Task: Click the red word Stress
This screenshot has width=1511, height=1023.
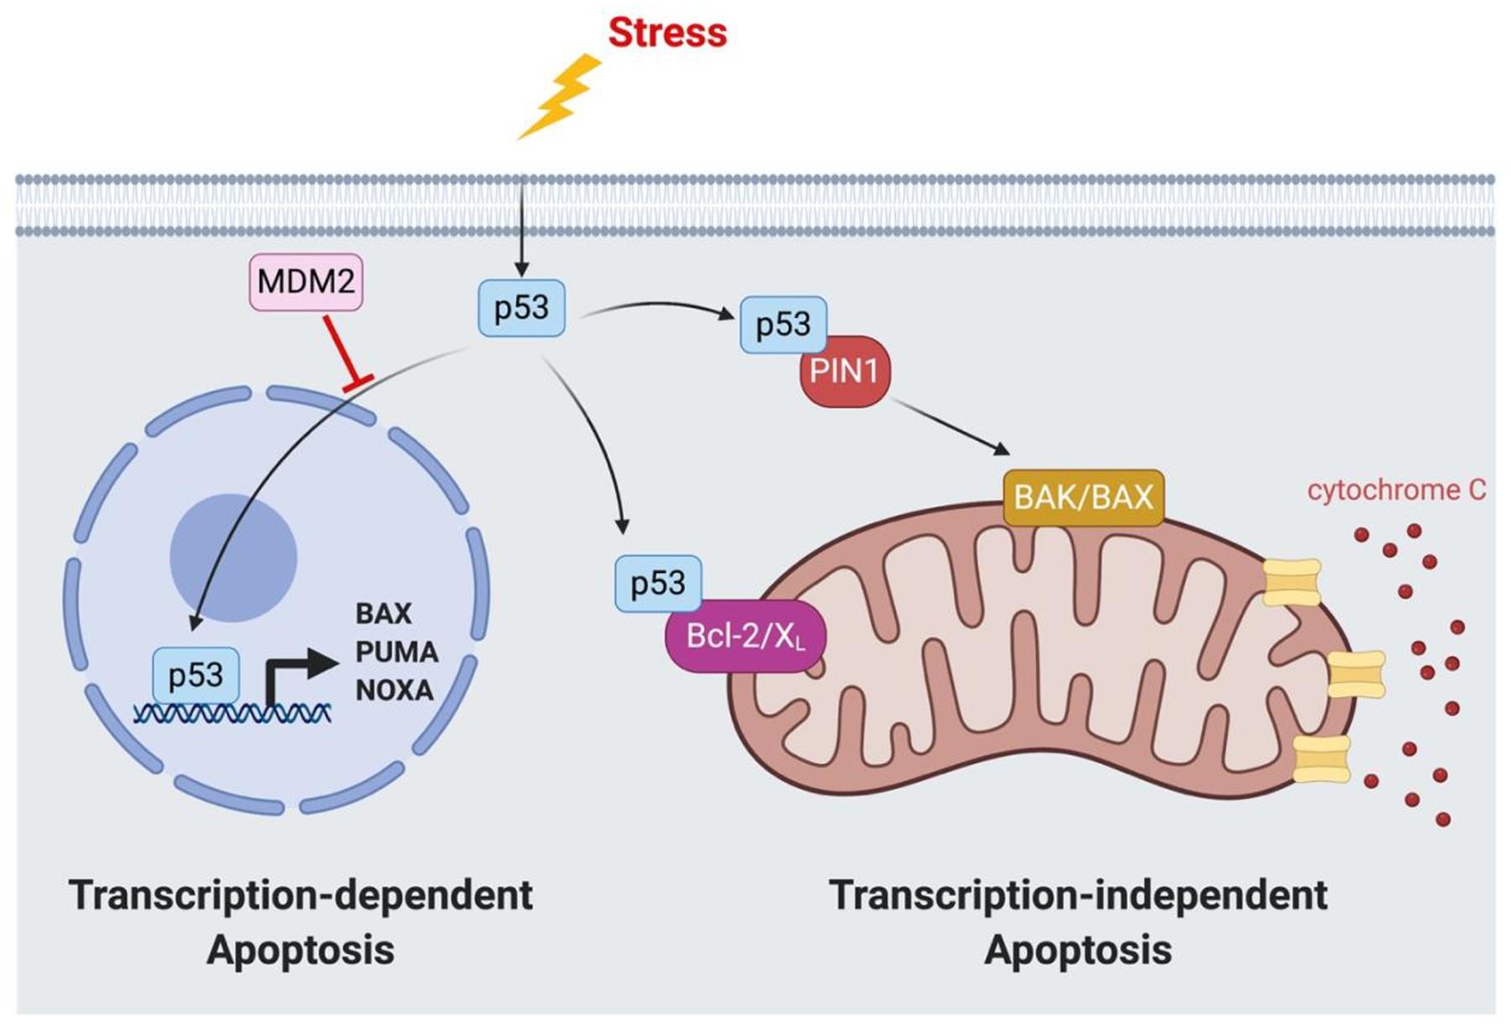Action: [x=667, y=33]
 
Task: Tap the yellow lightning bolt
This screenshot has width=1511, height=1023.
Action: [x=560, y=97]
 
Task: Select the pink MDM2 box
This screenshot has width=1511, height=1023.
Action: [x=306, y=282]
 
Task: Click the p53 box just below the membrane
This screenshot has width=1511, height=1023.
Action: [x=521, y=308]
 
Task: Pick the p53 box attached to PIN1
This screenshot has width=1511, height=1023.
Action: [x=782, y=324]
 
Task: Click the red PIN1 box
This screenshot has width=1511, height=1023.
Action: [x=844, y=371]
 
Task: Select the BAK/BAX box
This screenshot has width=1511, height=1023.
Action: [x=1083, y=498]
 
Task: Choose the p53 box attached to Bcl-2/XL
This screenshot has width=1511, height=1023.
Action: [x=657, y=582]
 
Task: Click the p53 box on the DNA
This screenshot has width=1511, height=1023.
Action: [x=196, y=676]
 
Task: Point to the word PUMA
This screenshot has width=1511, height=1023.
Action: [x=396, y=652]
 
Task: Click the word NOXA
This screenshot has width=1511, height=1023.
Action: [x=395, y=691]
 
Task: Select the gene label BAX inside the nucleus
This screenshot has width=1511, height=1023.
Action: [x=384, y=613]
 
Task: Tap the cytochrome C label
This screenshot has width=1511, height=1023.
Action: [x=1396, y=490]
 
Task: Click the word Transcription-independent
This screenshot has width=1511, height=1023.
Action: [x=1078, y=895]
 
